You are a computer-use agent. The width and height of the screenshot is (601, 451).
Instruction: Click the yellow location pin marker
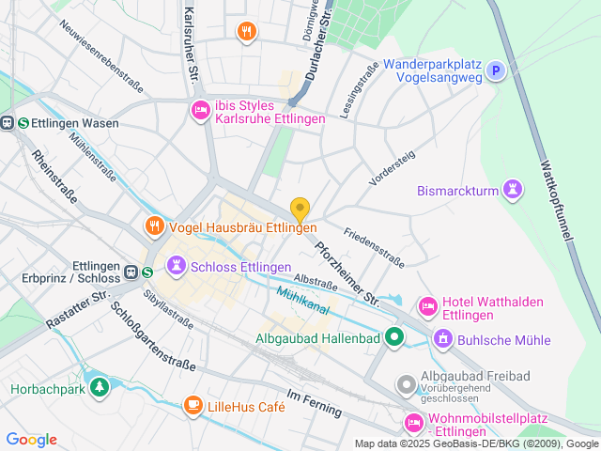click(x=300, y=210)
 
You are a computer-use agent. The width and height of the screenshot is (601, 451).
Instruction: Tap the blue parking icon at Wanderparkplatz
click(x=495, y=70)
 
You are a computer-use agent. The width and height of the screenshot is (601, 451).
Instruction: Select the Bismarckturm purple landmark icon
click(x=512, y=190)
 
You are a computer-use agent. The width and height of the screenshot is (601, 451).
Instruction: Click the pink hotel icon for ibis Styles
click(x=200, y=111)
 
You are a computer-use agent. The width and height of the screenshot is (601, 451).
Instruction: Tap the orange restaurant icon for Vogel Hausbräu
click(x=154, y=225)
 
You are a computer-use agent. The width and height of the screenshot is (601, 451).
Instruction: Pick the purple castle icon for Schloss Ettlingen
click(x=176, y=267)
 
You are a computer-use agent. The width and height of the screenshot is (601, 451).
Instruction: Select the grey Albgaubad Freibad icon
click(x=406, y=384)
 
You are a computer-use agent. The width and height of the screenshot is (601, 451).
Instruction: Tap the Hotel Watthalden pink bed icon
click(x=427, y=306)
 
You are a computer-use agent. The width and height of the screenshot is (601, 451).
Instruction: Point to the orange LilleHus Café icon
click(x=193, y=405)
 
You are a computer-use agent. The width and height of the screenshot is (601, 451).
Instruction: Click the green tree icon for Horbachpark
click(x=99, y=386)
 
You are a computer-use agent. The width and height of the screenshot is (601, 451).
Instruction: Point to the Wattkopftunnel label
click(x=555, y=203)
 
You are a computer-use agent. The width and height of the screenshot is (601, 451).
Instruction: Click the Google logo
click(x=31, y=440)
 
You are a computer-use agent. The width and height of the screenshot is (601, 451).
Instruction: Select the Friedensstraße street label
click(x=373, y=246)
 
